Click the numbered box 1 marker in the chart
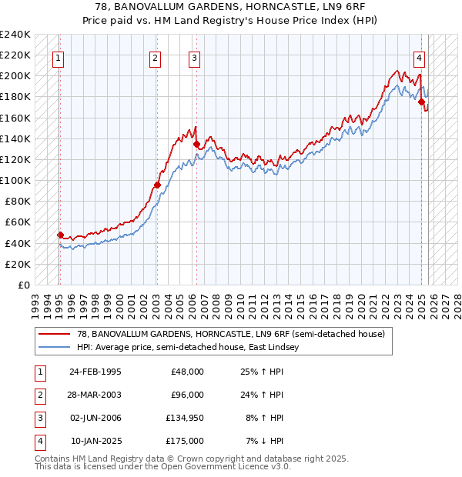click(59, 57)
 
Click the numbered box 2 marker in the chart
click(156, 57)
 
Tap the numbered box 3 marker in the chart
click(195, 57)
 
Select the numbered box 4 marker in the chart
click(419, 57)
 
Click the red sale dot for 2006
click(196, 144)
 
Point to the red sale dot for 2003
click(157, 185)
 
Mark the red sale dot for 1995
click(60, 235)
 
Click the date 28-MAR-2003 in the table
click(95, 395)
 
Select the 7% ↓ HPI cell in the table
click(264, 441)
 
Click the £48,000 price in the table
click(187, 372)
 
